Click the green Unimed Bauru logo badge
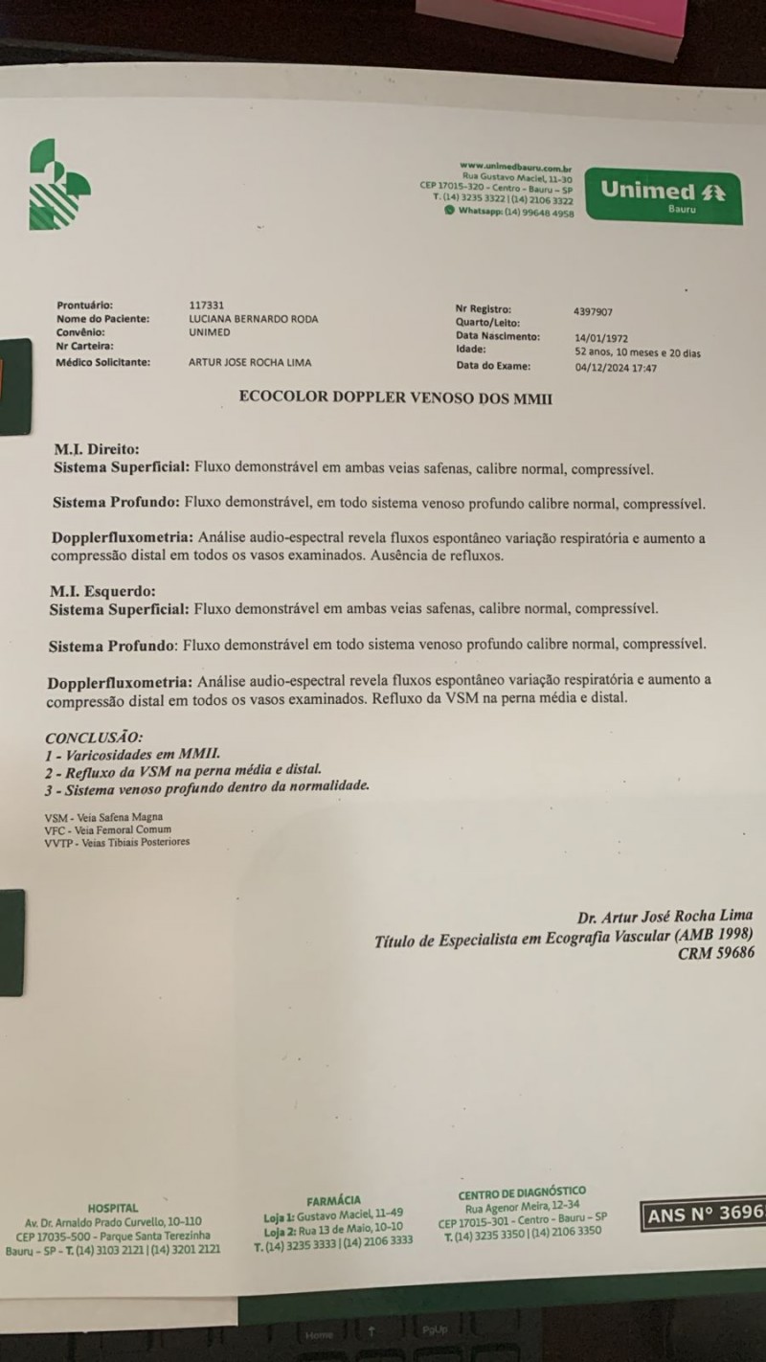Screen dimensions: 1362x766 (662, 195)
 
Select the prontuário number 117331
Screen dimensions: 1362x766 (207, 306)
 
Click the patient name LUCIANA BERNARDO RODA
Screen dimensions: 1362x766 (254, 319)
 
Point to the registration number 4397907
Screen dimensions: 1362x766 (593, 311)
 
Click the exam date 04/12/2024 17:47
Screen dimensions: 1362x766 (616, 367)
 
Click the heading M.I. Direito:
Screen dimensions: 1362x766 (97, 448)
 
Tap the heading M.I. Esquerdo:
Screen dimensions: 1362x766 (101, 591)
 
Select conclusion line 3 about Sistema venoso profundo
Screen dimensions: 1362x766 (207, 786)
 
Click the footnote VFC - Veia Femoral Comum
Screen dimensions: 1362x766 (107, 829)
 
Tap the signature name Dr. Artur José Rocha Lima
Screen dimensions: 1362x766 (664, 916)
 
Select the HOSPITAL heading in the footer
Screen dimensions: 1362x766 (113, 1208)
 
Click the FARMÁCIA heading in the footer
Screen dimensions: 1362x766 (334, 1200)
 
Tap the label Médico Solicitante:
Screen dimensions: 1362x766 (103, 362)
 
